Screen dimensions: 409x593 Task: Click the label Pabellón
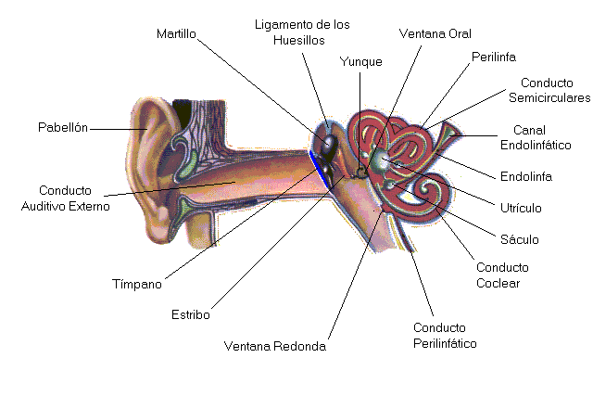coord(63,127)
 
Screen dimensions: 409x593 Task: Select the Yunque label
coord(361,62)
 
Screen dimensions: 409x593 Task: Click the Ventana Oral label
coord(435,33)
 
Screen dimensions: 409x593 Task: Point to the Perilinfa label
coord(492,57)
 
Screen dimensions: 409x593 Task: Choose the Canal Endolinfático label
coord(535,137)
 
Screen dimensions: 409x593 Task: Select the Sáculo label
coord(519,239)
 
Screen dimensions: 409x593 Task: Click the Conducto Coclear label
coord(498,275)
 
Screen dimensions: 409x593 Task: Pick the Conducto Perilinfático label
coord(445,336)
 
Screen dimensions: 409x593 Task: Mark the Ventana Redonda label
coord(275,348)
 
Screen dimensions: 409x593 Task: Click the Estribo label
coord(191,314)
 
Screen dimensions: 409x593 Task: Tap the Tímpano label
coord(137,283)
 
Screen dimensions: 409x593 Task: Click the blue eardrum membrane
coord(316,165)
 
